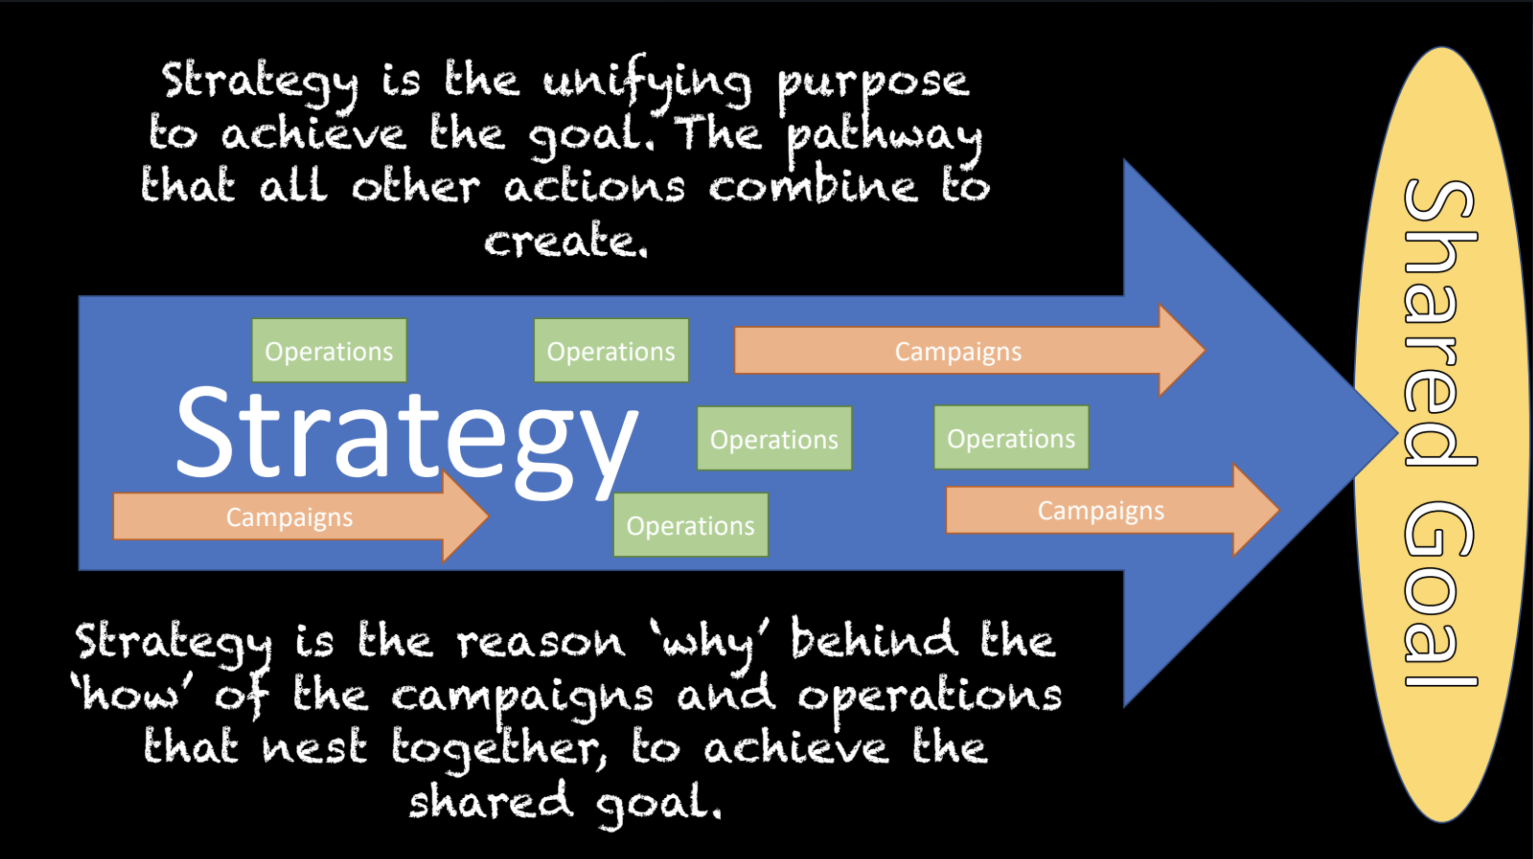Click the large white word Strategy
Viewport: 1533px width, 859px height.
[407, 437]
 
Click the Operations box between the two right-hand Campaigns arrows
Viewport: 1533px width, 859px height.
[1011, 438]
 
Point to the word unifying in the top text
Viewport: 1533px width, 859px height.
[647, 83]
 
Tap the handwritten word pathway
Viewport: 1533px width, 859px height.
[885, 138]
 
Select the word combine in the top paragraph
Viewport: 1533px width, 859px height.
[813, 188]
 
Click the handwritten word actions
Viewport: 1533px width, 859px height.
[595, 188]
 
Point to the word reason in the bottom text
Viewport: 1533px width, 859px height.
[541, 642]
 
